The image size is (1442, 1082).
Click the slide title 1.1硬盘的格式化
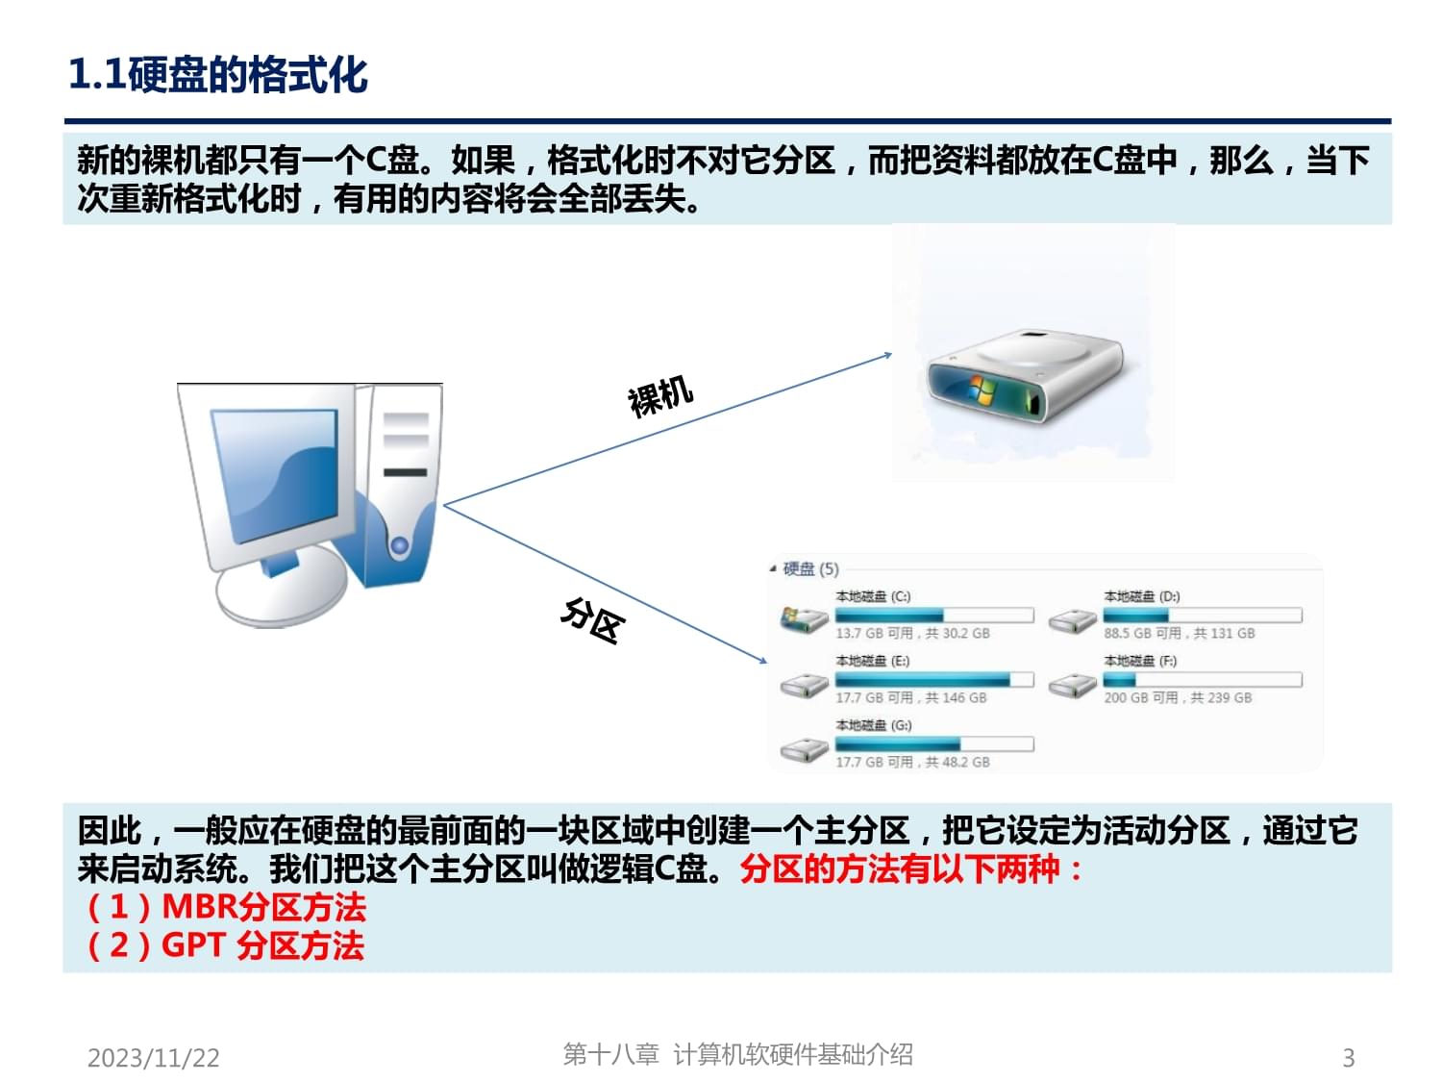(x=218, y=75)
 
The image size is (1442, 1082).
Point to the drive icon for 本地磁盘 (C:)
(x=804, y=620)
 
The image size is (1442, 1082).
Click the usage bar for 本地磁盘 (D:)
(x=1202, y=616)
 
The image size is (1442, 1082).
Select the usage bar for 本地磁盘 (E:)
(x=934, y=680)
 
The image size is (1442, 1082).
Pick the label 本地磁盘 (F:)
(x=1140, y=661)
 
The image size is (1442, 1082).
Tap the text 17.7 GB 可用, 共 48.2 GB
(x=912, y=762)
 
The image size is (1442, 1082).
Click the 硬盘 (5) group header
(x=810, y=568)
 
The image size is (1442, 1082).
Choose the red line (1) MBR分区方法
(x=226, y=907)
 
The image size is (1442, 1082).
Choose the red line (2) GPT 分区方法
(x=226, y=945)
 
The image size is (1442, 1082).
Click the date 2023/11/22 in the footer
(x=154, y=1058)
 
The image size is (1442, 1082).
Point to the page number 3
(x=1348, y=1058)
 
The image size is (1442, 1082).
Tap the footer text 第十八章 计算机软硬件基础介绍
(x=737, y=1055)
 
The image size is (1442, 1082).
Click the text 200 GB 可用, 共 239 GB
(x=1178, y=697)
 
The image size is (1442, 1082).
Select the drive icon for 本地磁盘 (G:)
(x=804, y=749)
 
